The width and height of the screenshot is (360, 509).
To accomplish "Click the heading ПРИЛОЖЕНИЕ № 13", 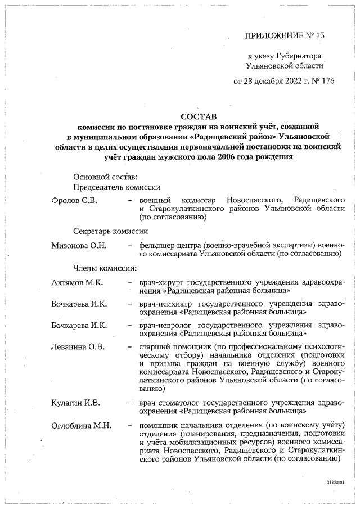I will point(285,35).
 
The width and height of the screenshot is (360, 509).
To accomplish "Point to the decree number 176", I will point(327,80).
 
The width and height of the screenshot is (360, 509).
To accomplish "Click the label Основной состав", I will point(101,177).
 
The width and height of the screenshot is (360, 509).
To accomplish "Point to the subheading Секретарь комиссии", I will point(110,231).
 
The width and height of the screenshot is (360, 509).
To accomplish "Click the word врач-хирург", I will point(160,282).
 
